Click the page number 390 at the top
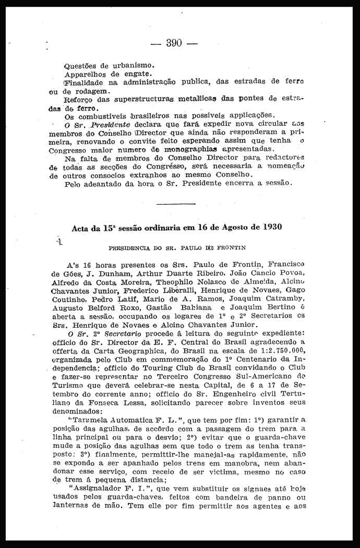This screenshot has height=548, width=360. point(174,43)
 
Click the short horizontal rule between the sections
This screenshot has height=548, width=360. point(176,202)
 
